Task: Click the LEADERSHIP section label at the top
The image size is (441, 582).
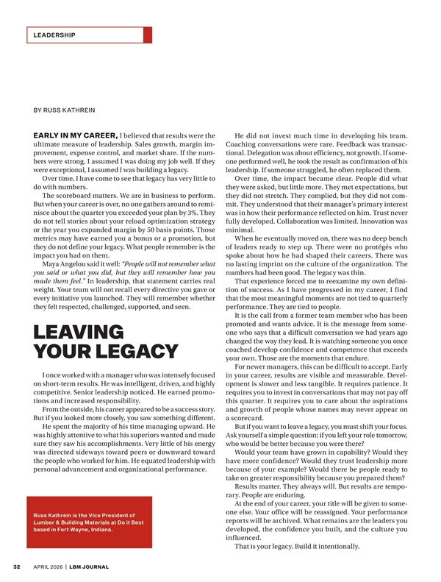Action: (x=54, y=35)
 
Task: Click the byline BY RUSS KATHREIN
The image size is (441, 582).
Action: (x=65, y=110)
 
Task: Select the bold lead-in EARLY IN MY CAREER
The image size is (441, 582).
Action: (x=76, y=135)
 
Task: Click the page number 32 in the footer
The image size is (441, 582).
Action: (x=15, y=567)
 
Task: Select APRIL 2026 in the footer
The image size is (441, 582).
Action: (x=46, y=567)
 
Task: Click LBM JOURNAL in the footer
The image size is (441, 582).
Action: (x=90, y=567)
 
